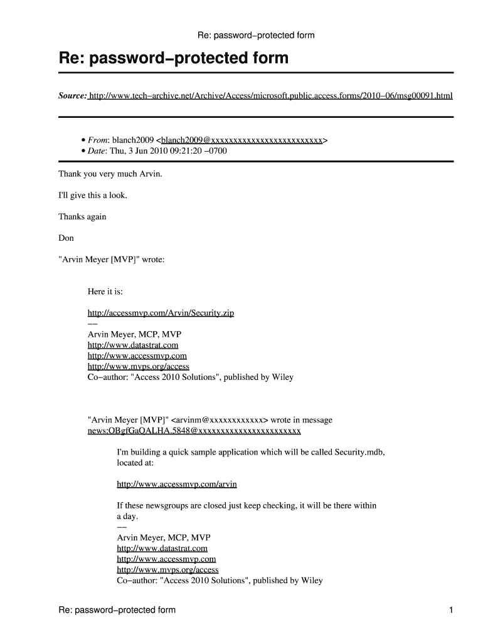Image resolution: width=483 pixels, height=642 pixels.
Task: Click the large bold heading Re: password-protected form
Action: click(174, 59)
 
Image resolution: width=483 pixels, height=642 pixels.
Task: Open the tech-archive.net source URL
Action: click(270, 97)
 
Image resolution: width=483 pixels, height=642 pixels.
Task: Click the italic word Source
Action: click(72, 97)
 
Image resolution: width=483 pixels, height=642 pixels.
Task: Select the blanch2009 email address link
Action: click(242, 140)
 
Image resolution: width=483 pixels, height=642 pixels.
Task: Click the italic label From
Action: click(99, 140)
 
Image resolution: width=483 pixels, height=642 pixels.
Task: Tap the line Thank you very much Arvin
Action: click(110, 174)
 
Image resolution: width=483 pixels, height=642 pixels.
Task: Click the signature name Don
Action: click(66, 238)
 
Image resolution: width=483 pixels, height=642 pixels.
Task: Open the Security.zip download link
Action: click(161, 313)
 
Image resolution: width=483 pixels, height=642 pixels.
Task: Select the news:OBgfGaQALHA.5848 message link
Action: click(194, 431)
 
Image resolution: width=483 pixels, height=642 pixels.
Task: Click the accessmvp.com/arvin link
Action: click(177, 485)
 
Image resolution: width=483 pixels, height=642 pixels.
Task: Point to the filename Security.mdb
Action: click(359, 452)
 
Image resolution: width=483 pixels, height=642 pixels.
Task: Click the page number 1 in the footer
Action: click(450, 610)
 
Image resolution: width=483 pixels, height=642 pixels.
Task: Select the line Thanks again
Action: click(82, 217)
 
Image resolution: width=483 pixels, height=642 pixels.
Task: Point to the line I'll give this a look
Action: click(93, 196)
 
